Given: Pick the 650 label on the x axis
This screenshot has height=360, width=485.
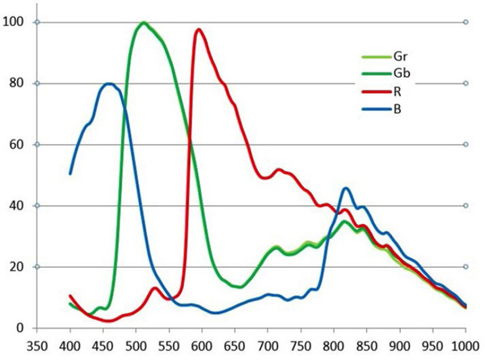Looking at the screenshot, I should [235, 345].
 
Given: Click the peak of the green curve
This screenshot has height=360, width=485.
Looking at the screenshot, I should [144, 23].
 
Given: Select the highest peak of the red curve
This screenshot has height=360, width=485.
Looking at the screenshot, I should [199, 30].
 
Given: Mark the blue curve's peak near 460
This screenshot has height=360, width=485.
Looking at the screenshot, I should [109, 83].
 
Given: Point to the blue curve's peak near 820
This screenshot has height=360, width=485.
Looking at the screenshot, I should [346, 188].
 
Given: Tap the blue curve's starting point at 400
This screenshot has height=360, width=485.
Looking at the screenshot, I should [70, 173].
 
